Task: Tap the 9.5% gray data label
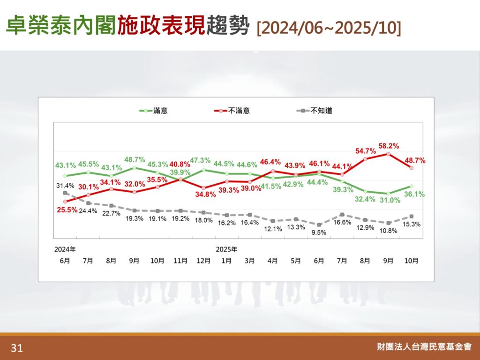[x=318, y=232]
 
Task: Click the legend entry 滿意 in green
[x=160, y=111]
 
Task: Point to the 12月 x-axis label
[x=203, y=261]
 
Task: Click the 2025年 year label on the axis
[x=226, y=249]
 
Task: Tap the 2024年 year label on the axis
[x=65, y=249]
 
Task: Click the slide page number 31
[x=17, y=348]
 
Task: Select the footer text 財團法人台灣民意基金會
[x=424, y=347]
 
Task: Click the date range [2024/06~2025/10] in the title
[x=329, y=28]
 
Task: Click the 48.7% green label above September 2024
[x=135, y=159]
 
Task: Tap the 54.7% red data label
[x=364, y=151]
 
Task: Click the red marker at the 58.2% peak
[x=388, y=153]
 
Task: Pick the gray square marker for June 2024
[x=65, y=193]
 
